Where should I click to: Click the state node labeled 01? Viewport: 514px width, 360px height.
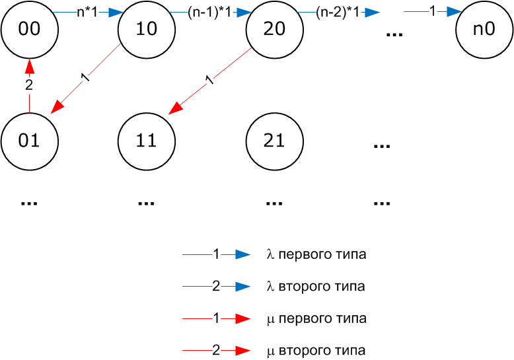29,140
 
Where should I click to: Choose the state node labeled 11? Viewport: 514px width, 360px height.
146,140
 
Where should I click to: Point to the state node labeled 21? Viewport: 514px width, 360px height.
274,140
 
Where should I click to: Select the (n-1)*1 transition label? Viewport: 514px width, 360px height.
209,12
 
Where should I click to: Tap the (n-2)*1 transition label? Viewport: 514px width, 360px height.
337,12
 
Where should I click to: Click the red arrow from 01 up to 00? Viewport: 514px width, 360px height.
29,99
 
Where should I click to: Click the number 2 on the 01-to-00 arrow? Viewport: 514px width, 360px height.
29,85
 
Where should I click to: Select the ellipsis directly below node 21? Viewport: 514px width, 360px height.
274,201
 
